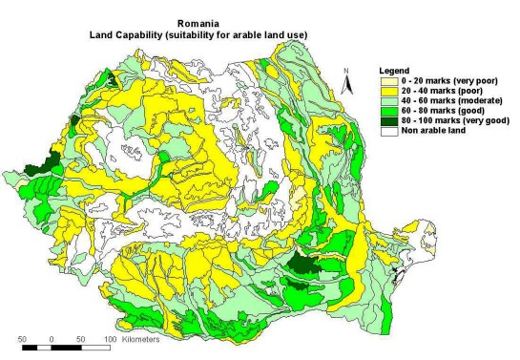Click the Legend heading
(x=394, y=71)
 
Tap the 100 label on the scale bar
(x=110, y=339)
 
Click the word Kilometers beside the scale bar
(x=139, y=339)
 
